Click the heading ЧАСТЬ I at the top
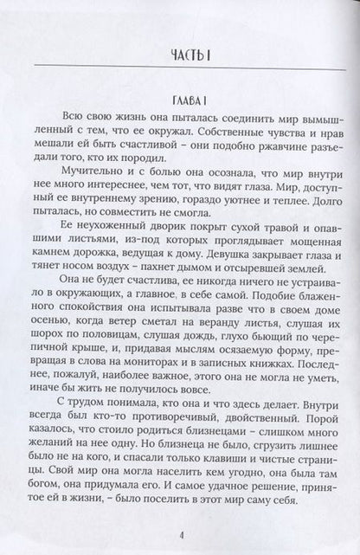pyautogui.click(x=180, y=59)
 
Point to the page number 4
pyautogui.click(x=180, y=533)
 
